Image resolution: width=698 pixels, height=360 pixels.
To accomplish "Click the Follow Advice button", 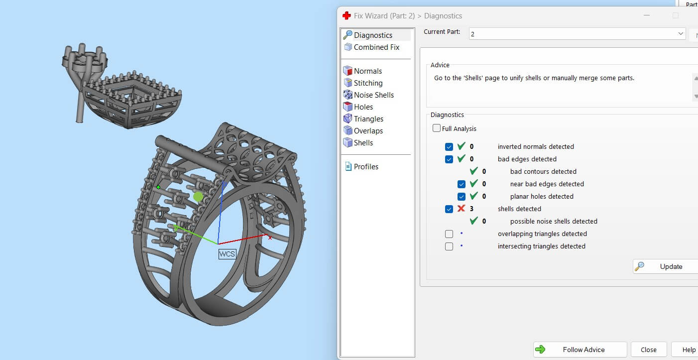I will pos(580,350).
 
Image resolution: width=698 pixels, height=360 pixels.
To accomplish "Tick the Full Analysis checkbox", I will pos(437,128).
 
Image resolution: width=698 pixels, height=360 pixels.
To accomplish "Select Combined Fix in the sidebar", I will pos(376,47).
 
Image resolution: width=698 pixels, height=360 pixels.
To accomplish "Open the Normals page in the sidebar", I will pos(367,71).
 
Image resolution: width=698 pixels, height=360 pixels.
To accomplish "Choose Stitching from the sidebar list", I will pos(368,83).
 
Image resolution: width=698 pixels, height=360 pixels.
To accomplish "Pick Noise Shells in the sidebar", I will pos(373,95).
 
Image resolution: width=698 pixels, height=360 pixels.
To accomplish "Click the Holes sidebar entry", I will pos(363,107).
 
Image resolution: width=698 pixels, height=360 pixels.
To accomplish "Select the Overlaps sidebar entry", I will pos(368,131).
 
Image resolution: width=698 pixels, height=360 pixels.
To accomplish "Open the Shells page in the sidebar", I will pos(363,143).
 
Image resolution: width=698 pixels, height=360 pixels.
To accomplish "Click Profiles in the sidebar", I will pos(366,167).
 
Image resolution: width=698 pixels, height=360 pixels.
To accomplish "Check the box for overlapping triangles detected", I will pos(449,234).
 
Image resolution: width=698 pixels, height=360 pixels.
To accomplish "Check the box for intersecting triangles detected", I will pos(449,246).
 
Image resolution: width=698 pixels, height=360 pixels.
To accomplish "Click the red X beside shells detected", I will pos(461,209).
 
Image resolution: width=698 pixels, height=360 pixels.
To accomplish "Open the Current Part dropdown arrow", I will pos(681,33).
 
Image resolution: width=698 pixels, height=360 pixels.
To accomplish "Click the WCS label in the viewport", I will pos(227,254).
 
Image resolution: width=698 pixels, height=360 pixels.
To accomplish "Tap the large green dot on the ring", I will pos(198,197).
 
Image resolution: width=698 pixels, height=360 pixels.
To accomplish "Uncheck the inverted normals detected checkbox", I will pos(449,147).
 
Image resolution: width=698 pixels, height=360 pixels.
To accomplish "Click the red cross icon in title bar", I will pos(347,15).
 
